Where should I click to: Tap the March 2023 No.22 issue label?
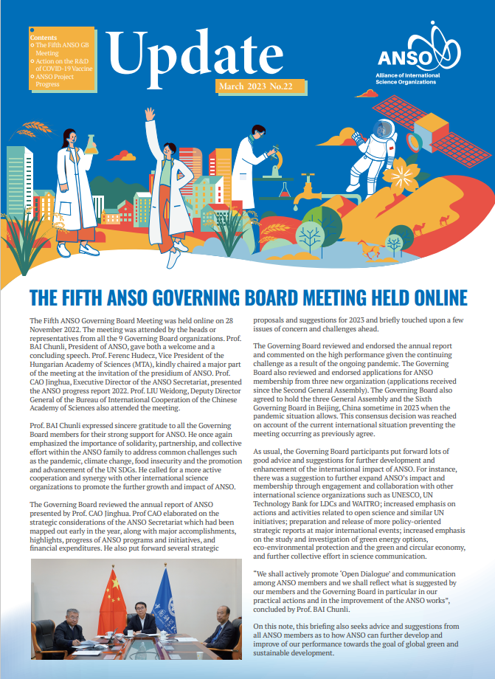(x=255, y=87)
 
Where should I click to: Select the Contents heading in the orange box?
(x=44, y=36)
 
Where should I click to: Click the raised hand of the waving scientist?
(x=149, y=114)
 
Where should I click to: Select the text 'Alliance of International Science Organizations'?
(x=418, y=80)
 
